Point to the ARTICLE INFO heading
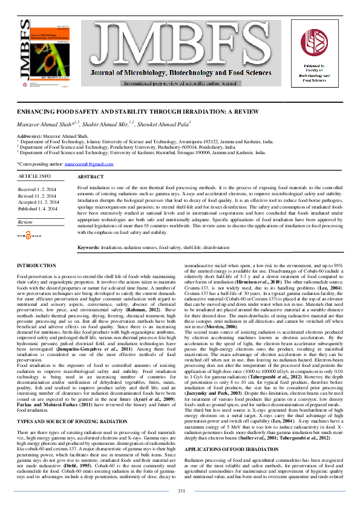tap(34, 176)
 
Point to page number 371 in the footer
tap(180, 490)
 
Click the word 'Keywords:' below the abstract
tap(89, 248)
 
